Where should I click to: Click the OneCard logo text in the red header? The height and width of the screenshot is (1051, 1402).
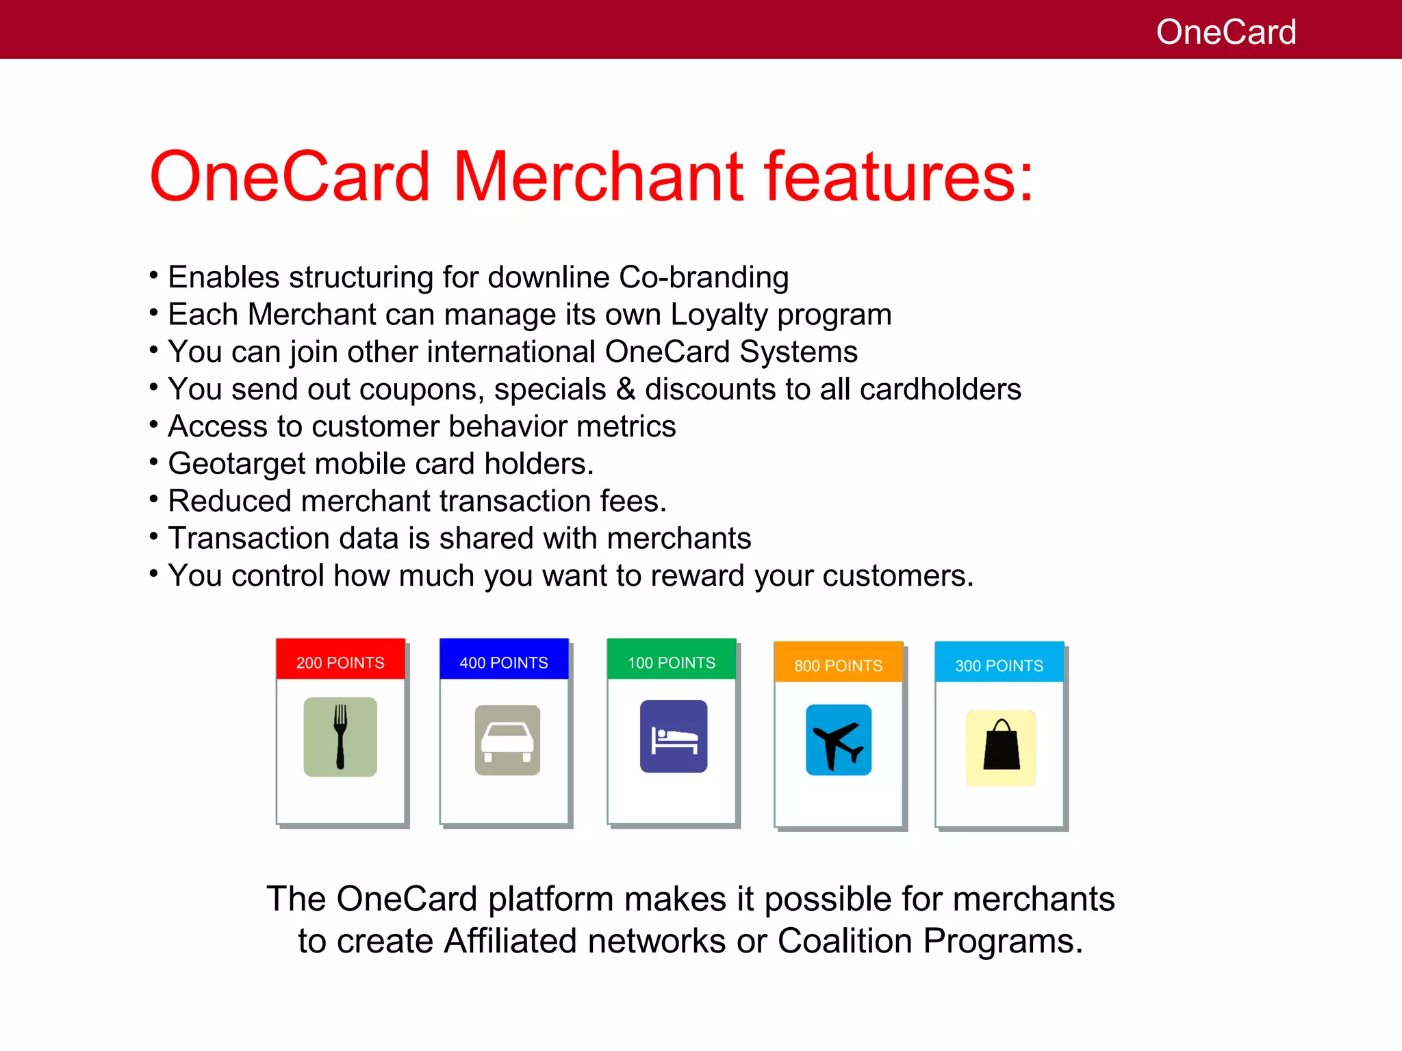point(1225,32)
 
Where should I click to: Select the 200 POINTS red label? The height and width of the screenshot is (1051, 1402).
point(340,662)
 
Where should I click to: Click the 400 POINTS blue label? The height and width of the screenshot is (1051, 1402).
point(504,662)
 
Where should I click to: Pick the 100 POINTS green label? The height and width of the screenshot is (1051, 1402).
point(672,662)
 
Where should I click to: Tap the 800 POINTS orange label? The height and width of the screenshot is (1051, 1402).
point(838,665)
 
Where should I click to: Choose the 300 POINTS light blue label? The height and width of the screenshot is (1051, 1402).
point(999,665)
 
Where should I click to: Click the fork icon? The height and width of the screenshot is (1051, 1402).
point(340,737)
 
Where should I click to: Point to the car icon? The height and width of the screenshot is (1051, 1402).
point(507,740)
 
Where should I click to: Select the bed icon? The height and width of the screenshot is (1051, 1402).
point(674,737)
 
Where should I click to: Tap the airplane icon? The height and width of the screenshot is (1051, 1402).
point(838,740)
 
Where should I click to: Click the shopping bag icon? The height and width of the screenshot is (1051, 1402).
point(1001,747)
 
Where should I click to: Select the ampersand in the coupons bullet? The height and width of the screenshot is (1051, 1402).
point(625,389)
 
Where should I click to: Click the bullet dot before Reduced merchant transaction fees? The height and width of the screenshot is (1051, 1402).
point(153,498)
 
